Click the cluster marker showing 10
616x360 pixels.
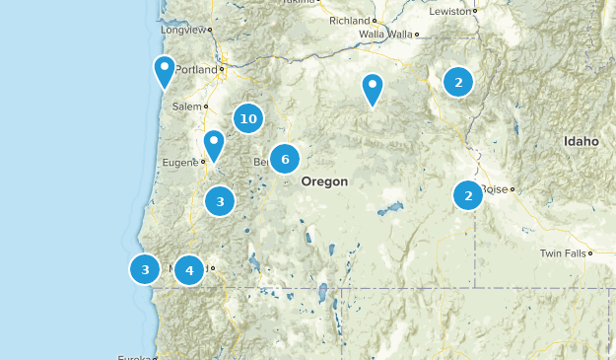coord(248,119)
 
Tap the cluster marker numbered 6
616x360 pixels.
coord(285,159)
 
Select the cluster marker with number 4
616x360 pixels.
coord(189,268)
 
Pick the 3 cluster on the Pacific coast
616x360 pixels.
coord(145,268)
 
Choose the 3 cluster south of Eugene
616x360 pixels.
coord(220,201)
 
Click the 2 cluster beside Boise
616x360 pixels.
coord(468,195)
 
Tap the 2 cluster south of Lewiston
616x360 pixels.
coord(458,82)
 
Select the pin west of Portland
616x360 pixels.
coord(165,70)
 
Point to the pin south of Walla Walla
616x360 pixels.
coord(372,88)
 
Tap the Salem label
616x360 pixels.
coord(186,106)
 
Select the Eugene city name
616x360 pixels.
coord(182,161)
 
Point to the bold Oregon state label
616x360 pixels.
coord(324,181)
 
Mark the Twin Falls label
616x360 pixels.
coord(562,253)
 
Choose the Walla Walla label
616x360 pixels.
coord(385,35)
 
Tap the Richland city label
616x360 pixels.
coord(349,20)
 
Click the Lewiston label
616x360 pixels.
coord(451,11)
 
